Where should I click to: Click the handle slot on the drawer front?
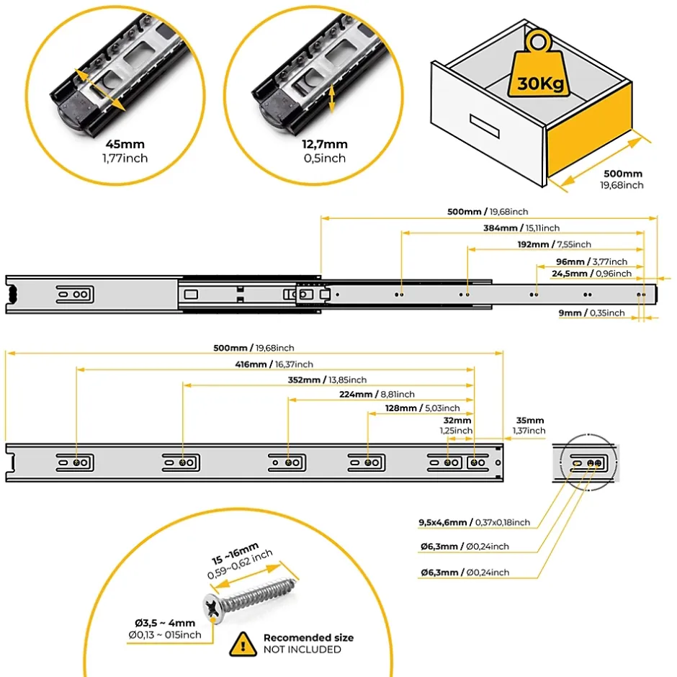pyautogui.click(x=484, y=124)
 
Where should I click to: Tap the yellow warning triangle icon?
pyautogui.click(x=243, y=642)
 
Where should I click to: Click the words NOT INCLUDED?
pyautogui.click(x=302, y=650)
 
